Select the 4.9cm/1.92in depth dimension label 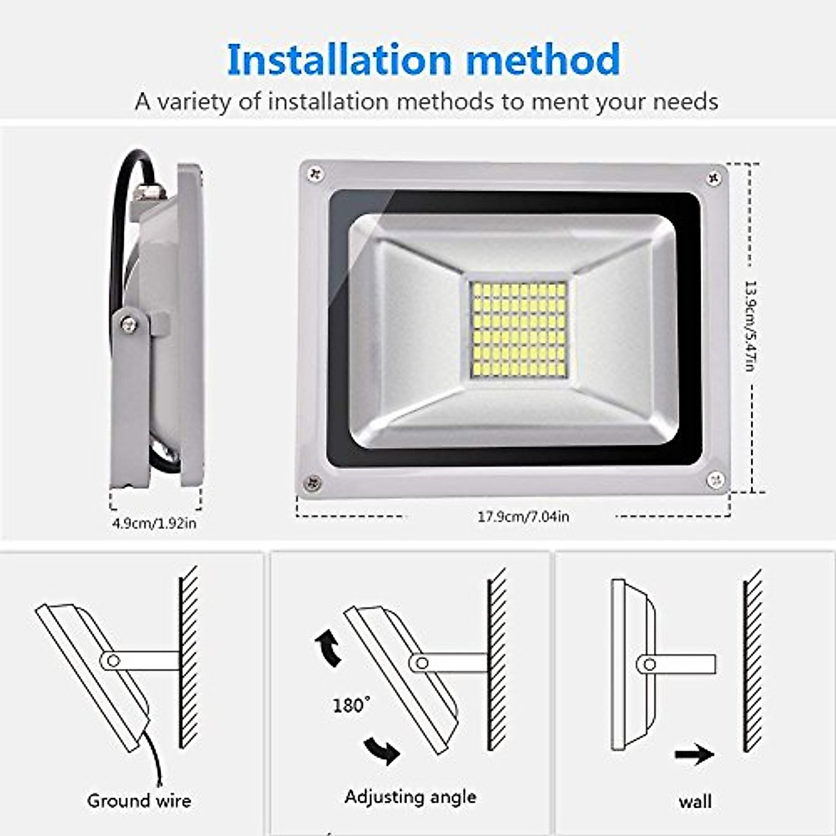pos(154,522)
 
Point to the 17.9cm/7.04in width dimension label pos(522,516)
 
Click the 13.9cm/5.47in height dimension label pos(750,325)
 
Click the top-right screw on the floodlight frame pos(714,178)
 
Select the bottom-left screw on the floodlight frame pos(313,481)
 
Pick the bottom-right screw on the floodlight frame pos(715,479)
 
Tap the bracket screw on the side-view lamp pos(128,323)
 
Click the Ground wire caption pos(139,800)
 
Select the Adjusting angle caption pos(410,797)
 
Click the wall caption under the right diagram pos(695,801)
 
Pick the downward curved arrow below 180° pos(382,750)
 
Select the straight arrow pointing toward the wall pos(695,754)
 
